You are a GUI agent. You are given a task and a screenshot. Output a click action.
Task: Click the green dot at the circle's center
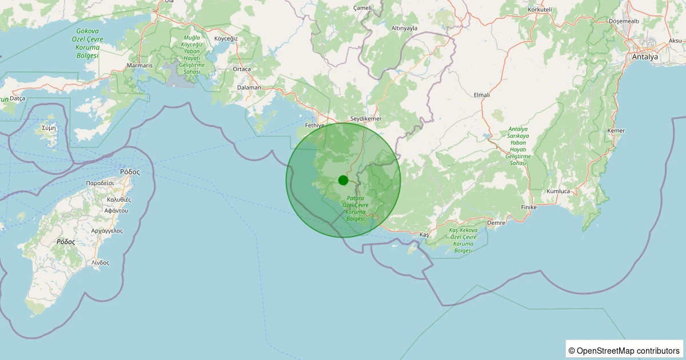(343, 180)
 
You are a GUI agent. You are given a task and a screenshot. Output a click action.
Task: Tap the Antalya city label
(644, 57)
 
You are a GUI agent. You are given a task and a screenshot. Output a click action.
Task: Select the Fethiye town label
(315, 125)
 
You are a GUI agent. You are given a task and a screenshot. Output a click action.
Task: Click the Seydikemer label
(365, 118)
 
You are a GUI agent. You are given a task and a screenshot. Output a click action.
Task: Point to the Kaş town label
(424, 235)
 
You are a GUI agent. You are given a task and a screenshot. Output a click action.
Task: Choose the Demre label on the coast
(496, 223)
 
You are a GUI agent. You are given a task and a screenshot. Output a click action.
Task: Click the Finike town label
(530, 207)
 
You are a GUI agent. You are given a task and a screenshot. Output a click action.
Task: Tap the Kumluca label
(558, 191)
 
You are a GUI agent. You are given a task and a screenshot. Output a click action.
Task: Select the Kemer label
(616, 131)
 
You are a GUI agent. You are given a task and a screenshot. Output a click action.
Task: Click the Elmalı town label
(482, 95)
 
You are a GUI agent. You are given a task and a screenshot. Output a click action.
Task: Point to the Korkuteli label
(540, 10)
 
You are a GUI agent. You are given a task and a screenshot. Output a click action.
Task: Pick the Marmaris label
(140, 66)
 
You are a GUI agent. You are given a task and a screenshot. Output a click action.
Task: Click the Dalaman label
(249, 87)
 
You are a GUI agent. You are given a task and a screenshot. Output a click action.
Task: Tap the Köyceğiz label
(225, 38)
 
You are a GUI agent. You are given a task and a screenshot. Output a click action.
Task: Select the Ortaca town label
(242, 69)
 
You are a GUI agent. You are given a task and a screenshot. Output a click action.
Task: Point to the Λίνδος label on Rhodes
(100, 262)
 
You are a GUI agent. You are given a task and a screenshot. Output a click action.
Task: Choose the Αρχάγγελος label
(107, 231)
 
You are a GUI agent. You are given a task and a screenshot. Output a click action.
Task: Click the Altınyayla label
(404, 28)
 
